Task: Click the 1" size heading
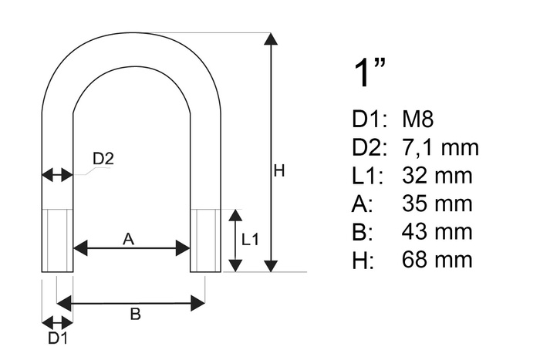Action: (370, 72)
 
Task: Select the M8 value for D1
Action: (417, 119)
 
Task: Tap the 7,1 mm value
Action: (440, 147)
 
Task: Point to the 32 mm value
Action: (437, 175)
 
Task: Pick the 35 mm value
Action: (437, 203)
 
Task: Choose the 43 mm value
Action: (437, 231)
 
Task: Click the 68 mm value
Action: (437, 259)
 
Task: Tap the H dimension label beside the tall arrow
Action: (279, 170)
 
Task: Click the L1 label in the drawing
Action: (250, 240)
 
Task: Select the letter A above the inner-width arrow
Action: (128, 238)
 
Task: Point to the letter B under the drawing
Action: (135, 314)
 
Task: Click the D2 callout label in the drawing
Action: (103, 159)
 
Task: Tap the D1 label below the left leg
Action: (58, 338)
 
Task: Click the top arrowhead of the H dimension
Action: (271, 39)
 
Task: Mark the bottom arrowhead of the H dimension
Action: (271, 266)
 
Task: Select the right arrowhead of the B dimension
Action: (198, 303)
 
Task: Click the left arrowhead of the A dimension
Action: (80, 248)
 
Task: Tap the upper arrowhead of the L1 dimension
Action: (235, 215)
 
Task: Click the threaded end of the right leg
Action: (206, 241)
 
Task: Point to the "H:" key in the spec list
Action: (363, 260)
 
